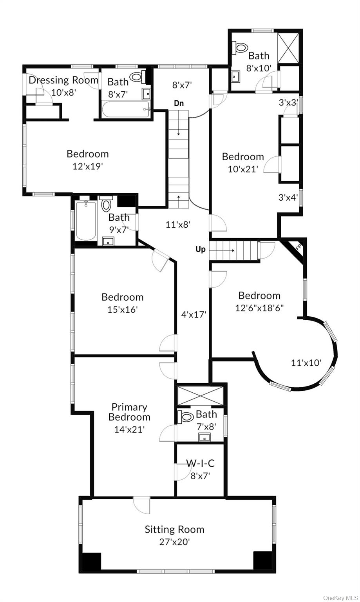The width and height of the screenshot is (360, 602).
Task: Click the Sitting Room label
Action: click(x=174, y=529)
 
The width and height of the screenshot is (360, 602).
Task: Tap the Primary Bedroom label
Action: click(x=129, y=412)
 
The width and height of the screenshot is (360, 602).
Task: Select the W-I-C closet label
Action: click(x=200, y=463)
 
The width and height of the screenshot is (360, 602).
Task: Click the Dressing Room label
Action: click(x=63, y=80)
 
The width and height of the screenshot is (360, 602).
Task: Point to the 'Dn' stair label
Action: click(x=179, y=103)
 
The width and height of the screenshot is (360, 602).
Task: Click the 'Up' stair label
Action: click(x=200, y=249)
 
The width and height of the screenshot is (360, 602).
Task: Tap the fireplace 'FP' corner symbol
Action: click(x=298, y=247)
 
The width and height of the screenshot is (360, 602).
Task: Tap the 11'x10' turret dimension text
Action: click(x=306, y=363)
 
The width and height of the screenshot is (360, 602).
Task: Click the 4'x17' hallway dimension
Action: click(x=194, y=314)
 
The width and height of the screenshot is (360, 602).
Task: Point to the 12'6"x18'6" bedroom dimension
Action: click(x=259, y=308)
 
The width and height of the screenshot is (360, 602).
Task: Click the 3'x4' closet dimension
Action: click(x=288, y=198)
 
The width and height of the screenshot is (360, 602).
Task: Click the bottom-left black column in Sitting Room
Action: click(x=90, y=561)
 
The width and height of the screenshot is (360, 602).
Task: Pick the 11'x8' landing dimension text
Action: click(x=177, y=225)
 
